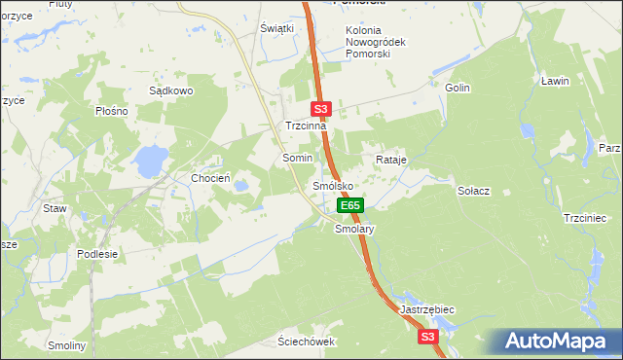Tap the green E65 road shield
point(350,205)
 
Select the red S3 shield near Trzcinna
point(323,110)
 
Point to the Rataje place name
point(390,159)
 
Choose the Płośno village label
point(113,111)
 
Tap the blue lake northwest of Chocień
point(150,161)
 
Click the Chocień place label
point(210,178)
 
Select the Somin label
point(297,158)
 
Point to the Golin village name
point(458,88)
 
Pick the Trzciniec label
point(585,218)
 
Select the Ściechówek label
point(306,342)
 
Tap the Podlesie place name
point(97,254)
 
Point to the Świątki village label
point(277,28)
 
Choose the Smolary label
point(354,230)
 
